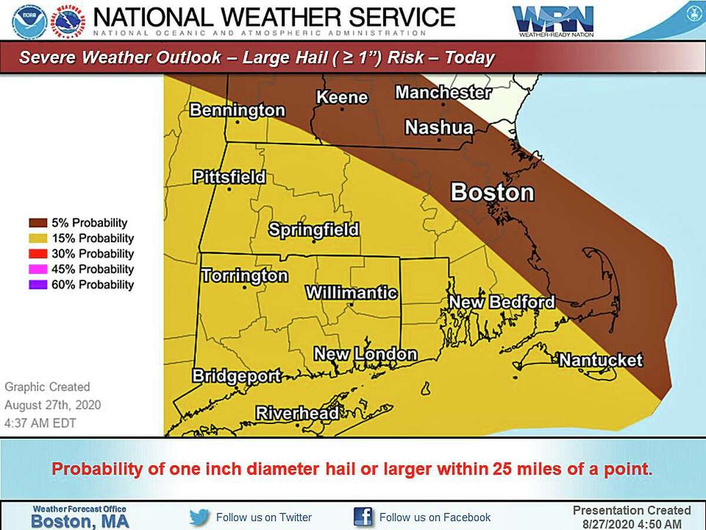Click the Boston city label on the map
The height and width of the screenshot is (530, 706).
tap(492, 193)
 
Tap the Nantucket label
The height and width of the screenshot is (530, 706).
tap(600, 360)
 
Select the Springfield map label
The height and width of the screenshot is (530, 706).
tap(314, 230)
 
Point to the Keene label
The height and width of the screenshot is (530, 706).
tap(342, 98)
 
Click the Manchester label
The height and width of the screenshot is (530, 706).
tap(442, 92)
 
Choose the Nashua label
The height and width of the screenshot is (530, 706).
tap(439, 127)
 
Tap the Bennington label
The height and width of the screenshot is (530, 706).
tap(237, 110)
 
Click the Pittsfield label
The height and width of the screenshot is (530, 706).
tap(229, 177)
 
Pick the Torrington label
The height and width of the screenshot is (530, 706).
tap(244, 276)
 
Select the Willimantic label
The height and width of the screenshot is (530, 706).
tap(351, 293)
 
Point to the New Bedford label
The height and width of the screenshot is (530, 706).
tap(502, 302)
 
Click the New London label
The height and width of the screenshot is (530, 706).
tap(365, 354)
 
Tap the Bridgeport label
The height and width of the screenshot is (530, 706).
tap(237, 376)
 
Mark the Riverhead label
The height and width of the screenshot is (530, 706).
tap(298, 413)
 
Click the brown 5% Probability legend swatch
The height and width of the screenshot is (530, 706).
tap(38, 223)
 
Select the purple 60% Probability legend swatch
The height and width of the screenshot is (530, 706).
tap(38, 284)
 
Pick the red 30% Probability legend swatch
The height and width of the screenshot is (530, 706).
tap(38, 254)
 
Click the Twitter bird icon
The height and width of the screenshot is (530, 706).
tap(199, 517)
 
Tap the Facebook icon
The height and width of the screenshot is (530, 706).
tap(363, 517)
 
